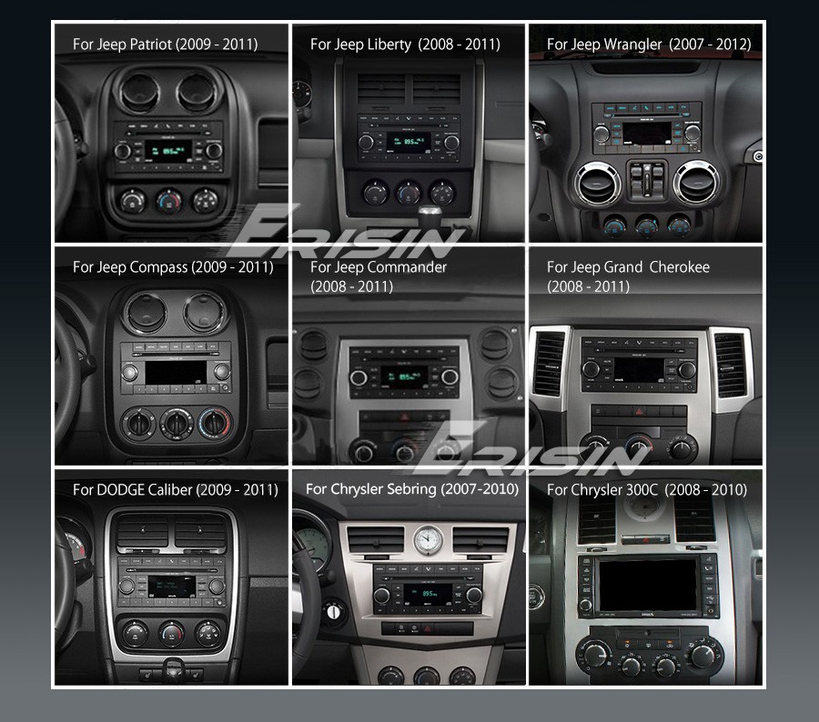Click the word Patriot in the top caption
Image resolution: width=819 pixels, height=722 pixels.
(x=151, y=44)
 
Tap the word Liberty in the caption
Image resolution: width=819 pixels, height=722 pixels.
(x=389, y=45)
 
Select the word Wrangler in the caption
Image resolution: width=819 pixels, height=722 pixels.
(x=632, y=45)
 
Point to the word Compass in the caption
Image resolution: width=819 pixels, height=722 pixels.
(x=158, y=267)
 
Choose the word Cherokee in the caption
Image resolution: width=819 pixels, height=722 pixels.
(x=680, y=266)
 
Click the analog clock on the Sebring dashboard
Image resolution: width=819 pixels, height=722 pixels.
(x=428, y=540)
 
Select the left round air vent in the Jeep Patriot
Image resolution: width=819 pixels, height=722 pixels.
(x=138, y=93)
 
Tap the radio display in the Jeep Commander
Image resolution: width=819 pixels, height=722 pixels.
(x=404, y=376)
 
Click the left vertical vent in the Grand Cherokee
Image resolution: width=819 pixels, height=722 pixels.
(x=549, y=364)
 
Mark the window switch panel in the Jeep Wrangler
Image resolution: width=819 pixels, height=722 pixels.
(x=647, y=181)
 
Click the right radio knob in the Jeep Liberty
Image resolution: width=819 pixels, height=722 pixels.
(x=451, y=143)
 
